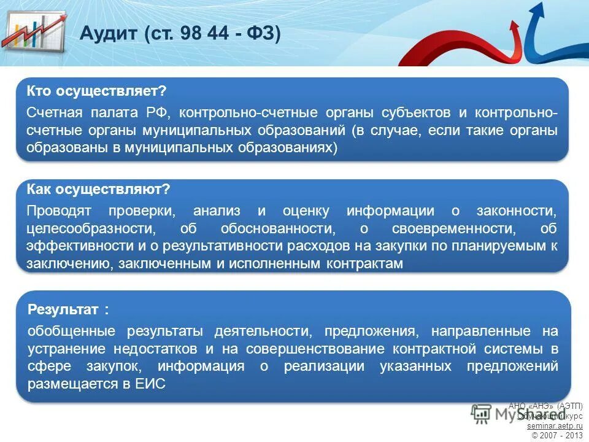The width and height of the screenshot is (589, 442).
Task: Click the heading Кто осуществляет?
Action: click(96, 91)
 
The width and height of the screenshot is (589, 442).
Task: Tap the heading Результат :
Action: click(68, 309)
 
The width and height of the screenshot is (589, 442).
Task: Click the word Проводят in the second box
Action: click(59, 211)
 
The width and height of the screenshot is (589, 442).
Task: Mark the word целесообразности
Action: click(90, 229)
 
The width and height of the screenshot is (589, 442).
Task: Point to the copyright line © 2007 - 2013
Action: click(556, 435)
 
